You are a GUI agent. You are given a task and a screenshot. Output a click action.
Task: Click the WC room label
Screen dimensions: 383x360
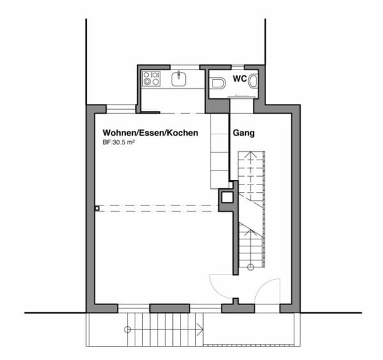coord(239,79)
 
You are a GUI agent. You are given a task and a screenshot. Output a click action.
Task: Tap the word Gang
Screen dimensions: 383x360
coord(244,133)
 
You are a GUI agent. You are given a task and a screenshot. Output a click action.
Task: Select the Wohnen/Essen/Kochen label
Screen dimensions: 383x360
coord(150,133)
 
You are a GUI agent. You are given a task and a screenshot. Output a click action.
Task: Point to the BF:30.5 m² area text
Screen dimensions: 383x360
coord(119,142)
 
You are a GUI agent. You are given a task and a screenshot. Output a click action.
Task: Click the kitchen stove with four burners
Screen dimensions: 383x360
coord(151,79)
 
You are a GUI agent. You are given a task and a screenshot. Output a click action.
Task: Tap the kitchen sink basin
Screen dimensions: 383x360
coord(179,79)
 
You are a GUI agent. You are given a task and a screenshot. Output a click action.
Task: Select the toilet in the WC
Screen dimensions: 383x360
coord(218,83)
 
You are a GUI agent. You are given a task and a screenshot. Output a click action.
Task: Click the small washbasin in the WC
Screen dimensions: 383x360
coord(253,81)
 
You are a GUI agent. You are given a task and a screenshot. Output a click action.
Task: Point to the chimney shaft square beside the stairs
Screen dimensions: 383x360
coord(227,197)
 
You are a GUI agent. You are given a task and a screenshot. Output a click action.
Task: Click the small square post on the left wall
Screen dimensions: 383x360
coord(97,208)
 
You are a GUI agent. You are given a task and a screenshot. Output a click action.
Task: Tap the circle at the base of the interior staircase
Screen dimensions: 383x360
coord(250,267)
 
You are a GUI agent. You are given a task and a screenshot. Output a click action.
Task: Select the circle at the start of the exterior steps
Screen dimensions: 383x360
coord(127,330)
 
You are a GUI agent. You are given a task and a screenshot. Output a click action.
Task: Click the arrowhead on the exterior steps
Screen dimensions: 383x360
coord(201,330)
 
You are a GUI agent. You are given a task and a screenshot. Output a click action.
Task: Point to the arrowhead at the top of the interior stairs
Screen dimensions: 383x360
coord(251,154)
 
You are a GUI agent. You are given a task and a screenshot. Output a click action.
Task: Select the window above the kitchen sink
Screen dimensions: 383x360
coord(185,67)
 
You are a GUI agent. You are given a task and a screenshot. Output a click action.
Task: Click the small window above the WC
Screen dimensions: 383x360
coord(238,67)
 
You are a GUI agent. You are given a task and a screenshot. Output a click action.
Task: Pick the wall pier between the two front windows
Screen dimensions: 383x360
coord(170,308)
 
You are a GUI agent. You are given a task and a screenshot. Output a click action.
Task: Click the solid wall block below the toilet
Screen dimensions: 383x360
coord(217,106)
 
